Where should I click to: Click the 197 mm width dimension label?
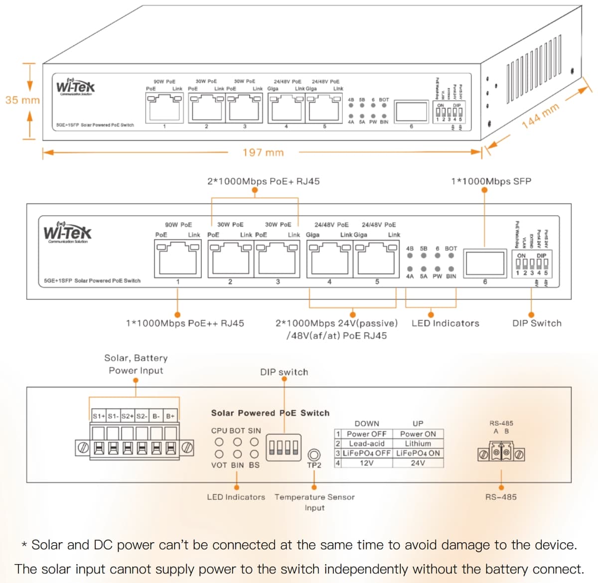tap(263, 152)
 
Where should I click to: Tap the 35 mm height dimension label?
tap(22, 100)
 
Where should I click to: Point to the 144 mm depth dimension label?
tap(541, 116)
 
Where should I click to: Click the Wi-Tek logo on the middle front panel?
tap(67, 233)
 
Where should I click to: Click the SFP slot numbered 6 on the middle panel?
tap(484, 262)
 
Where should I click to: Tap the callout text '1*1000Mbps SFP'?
tap(491, 181)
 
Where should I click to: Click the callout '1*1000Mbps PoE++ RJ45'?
tap(185, 323)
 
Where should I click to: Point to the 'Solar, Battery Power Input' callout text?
tap(136, 364)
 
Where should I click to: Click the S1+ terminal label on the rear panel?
tap(99, 416)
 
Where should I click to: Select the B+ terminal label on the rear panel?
tap(170, 416)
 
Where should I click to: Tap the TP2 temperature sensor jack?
tap(314, 454)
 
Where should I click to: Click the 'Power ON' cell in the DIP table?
tap(418, 434)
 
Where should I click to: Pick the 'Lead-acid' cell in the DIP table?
tap(366, 443)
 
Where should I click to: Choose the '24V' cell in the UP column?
tap(418, 463)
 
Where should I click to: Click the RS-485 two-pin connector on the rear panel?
tap(501, 454)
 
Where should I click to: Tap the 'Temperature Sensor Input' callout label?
tap(314, 502)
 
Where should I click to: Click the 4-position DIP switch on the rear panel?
tap(284, 447)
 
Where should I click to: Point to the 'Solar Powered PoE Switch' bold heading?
tap(270, 413)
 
